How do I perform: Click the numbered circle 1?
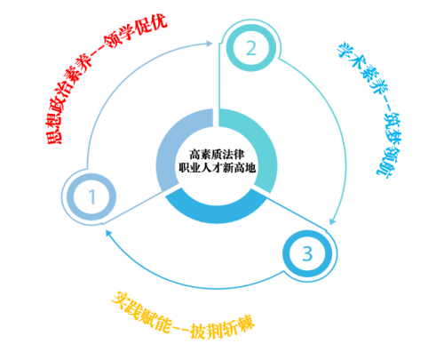click(91, 197)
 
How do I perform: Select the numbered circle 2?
click(251, 48)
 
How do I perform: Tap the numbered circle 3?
click(307, 253)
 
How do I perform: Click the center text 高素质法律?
click(217, 155)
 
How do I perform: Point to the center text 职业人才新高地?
click(217, 168)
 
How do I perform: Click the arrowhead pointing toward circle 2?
click(210, 44)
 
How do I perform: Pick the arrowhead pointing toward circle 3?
click(332, 221)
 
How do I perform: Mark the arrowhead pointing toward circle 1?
click(108, 233)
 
